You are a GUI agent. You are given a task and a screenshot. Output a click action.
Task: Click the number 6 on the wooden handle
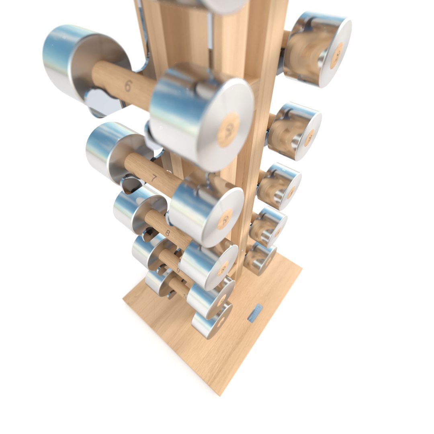[x=128, y=86]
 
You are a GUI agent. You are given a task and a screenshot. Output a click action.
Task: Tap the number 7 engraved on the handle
[x=153, y=177]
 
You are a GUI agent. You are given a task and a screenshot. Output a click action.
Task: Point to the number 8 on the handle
[x=168, y=232]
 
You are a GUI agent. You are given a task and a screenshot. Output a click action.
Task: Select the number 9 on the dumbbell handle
[x=178, y=270]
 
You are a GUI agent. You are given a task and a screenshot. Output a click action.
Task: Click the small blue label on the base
[x=255, y=313]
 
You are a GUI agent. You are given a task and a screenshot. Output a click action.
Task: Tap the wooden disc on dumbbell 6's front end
[x=228, y=129]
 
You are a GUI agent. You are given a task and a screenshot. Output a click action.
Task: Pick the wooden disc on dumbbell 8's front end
[x=222, y=268]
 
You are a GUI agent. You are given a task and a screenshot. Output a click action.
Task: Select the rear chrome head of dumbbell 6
[x=80, y=60]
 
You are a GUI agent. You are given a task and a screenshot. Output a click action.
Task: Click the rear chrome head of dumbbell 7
[x=113, y=151]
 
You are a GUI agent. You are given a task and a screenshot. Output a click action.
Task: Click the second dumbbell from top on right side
[x=295, y=131]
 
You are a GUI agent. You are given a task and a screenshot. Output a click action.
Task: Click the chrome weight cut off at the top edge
[x=223, y=5]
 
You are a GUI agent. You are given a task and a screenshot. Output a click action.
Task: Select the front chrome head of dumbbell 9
[x=211, y=297]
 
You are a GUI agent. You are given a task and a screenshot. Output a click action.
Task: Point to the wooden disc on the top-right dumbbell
[x=336, y=55]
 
